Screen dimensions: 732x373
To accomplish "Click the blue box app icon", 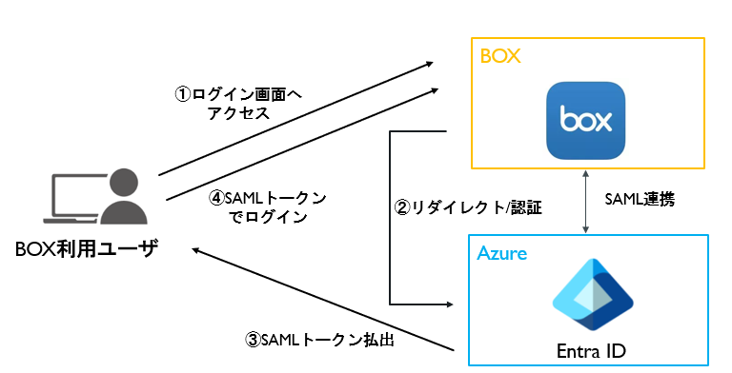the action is point(585,121).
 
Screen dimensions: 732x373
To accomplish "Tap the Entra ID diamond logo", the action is point(593,295).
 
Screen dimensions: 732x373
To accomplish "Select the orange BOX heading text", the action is point(500,56).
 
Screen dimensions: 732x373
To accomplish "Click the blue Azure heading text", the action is point(502,253).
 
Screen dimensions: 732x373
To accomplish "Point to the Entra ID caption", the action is point(591,351).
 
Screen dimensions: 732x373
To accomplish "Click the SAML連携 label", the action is point(640,200).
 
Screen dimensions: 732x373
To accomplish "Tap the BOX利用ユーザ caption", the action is point(87,248).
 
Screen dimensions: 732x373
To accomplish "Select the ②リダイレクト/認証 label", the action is point(468,207).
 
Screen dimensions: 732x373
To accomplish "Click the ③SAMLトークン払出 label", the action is point(320,340).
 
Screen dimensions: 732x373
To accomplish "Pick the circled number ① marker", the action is point(183,94).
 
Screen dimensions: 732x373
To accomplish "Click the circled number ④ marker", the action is point(216,198).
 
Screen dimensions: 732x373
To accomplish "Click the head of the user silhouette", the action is point(124,184).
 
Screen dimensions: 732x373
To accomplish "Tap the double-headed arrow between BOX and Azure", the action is point(585,202).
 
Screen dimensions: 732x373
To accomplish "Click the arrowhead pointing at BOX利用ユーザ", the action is point(196,250).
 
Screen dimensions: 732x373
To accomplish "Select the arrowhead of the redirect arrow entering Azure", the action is point(449,304).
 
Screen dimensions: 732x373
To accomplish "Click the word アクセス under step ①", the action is point(238,113).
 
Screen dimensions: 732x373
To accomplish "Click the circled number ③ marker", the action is point(253,340).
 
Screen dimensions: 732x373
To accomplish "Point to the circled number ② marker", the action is point(403,207).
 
